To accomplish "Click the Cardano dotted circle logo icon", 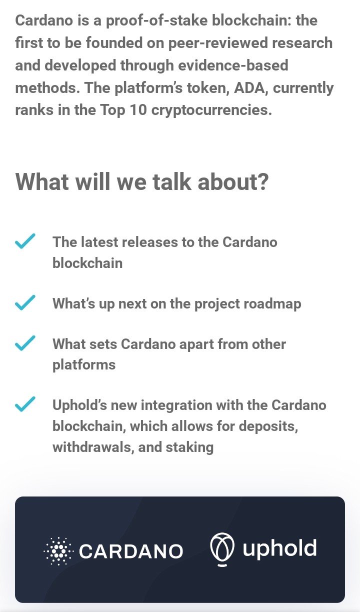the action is click(58, 551).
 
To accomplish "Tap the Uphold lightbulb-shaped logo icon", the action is click(222, 549).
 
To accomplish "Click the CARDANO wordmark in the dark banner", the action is click(131, 551).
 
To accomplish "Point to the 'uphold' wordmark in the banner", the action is click(279, 549).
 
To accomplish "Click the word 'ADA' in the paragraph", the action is click(249, 87).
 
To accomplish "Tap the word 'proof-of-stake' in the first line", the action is click(156, 21).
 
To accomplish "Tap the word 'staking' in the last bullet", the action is click(189, 448).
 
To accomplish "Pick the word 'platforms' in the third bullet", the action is click(84, 365).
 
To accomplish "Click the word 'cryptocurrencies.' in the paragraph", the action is click(211, 110).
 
